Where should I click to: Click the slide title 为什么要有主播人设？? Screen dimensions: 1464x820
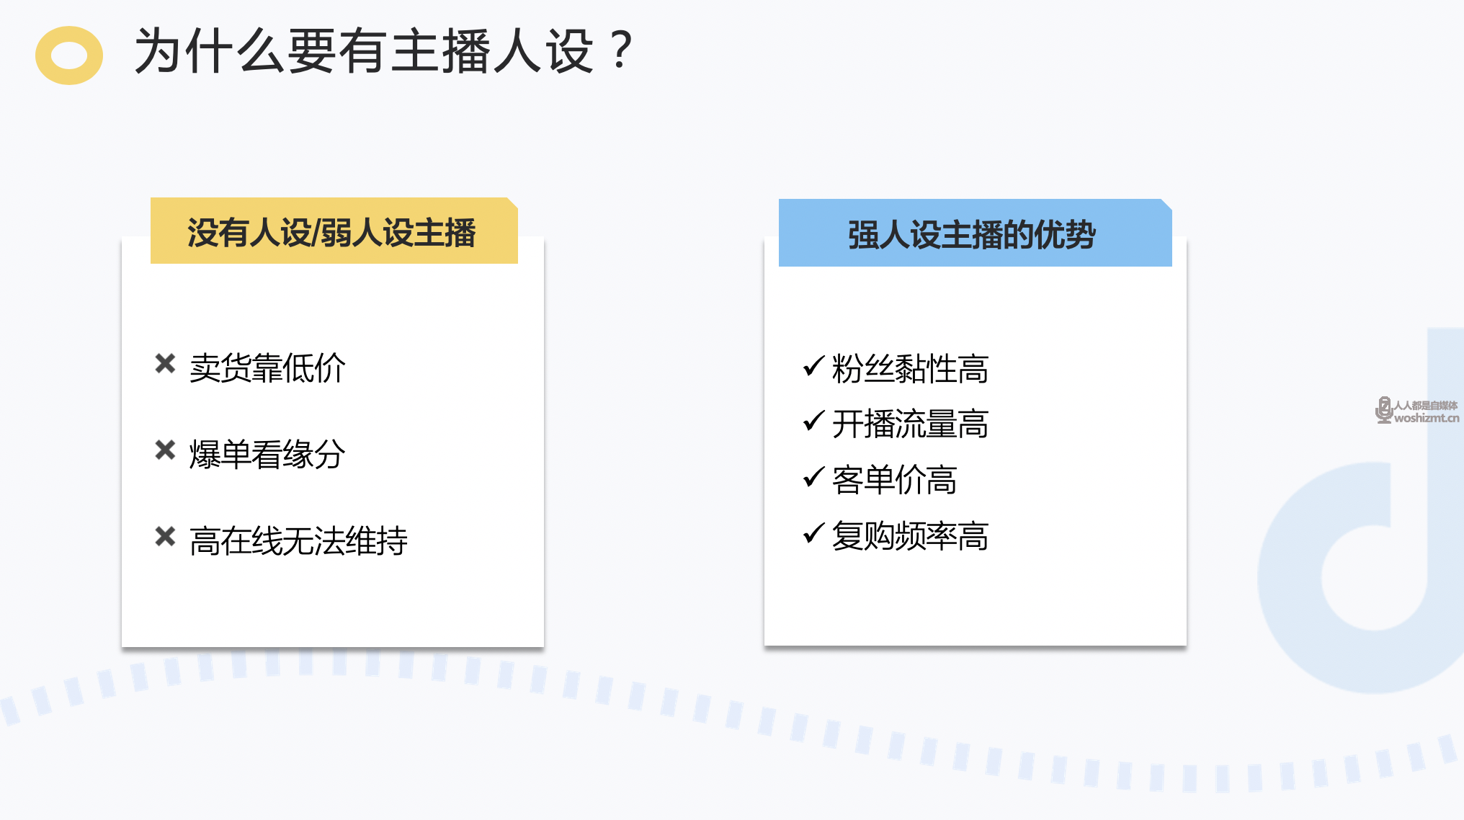pyautogui.click(x=384, y=51)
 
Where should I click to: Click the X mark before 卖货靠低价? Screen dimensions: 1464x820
pyautogui.click(x=165, y=364)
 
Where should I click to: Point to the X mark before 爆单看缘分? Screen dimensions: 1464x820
pyautogui.click(x=165, y=450)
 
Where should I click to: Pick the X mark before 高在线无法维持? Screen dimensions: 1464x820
pyautogui.click(x=165, y=537)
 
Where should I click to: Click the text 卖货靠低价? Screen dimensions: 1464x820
pyautogui.click(x=267, y=368)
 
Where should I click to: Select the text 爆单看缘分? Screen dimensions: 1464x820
pyautogui.click(x=267, y=455)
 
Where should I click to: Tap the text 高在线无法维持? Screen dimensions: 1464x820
pyautogui.click(x=298, y=541)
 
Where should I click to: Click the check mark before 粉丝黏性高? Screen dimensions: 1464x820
pyautogui.click(x=813, y=366)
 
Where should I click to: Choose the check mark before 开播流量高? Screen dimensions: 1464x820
pyautogui.click(x=813, y=421)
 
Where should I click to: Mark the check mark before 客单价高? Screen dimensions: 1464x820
pyautogui.click(x=813, y=476)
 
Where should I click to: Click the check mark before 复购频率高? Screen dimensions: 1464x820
pyautogui.click(x=813, y=532)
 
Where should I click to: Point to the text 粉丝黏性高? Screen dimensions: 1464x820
pyautogui.click(x=910, y=369)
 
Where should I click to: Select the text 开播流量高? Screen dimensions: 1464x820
pyautogui.click(x=910, y=424)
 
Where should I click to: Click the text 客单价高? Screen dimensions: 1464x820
pyautogui.click(x=894, y=480)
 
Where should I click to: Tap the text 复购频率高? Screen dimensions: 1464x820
pyautogui.click(x=910, y=536)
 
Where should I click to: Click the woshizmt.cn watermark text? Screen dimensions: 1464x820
pyautogui.click(x=1427, y=418)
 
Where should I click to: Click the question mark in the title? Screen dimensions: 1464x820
pyautogui.click(x=620, y=50)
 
